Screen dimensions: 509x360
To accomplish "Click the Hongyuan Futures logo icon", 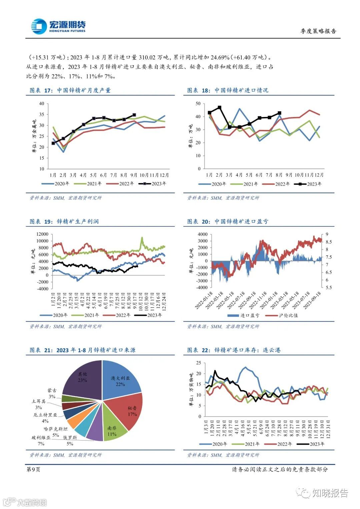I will click(39, 26).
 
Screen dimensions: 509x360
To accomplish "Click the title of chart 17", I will click(70, 90).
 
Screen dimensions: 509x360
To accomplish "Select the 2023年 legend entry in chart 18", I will click(309, 184).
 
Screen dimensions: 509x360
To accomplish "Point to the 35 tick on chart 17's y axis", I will click(42, 114).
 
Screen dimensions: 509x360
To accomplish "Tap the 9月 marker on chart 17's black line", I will click(134, 115).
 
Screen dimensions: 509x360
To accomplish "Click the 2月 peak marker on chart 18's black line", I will click(219, 107).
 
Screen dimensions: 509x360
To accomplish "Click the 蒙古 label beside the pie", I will click(52, 390).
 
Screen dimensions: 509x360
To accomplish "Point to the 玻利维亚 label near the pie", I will click(41, 438).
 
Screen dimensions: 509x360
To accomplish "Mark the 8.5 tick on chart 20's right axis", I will click(329, 242).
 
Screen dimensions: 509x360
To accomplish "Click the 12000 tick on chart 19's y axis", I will click(42, 234).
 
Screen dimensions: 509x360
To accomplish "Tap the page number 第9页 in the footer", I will click(33, 469).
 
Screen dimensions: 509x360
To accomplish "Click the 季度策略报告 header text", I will click(318, 31).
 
